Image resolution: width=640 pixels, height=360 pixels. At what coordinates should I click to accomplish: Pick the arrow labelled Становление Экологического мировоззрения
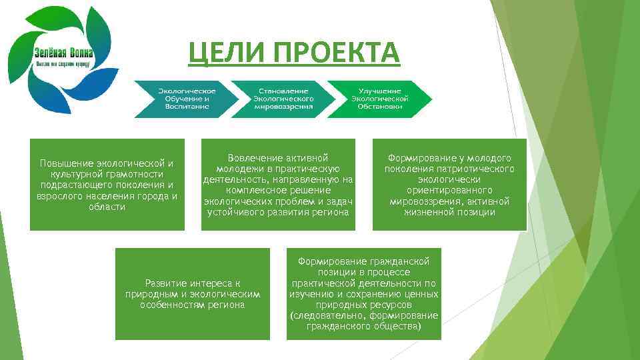pyautogui.click(x=284, y=99)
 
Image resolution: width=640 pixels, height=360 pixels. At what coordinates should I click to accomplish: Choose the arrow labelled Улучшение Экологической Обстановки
pyautogui.click(x=379, y=99)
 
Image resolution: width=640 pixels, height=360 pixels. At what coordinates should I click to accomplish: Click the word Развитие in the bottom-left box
pyautogui.click(x=167, y=283)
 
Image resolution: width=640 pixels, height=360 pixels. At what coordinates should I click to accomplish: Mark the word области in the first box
pyautogui.click(x=107, y=207)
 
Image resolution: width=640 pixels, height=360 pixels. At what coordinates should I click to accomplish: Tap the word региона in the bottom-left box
pyautogui.click(x=229, y=305)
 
